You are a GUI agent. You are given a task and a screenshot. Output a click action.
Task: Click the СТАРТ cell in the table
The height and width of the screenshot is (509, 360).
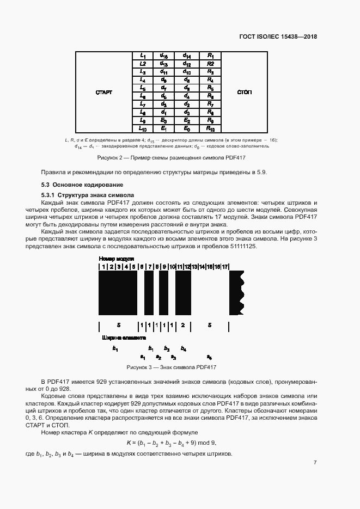click(103, 92)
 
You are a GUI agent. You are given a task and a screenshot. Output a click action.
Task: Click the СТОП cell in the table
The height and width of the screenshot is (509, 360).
click(245, 92)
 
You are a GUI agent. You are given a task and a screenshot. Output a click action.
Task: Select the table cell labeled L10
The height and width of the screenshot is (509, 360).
click(143, 129)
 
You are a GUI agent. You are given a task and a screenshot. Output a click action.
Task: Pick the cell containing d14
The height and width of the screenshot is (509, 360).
click(187, 56)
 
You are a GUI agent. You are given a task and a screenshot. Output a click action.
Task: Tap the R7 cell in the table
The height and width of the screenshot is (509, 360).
click(210, 103)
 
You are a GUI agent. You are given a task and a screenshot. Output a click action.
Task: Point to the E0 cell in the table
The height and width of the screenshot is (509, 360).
click(187, 129)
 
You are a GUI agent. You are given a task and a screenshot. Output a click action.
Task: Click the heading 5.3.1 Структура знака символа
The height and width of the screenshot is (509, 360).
click(84, 195)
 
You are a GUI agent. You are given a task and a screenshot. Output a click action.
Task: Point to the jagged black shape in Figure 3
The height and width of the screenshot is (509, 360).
click(236, 293)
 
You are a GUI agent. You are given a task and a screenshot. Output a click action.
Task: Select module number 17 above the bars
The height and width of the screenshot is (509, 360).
click(225, 267)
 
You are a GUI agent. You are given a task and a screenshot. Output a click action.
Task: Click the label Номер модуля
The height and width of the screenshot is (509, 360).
click(116, 259)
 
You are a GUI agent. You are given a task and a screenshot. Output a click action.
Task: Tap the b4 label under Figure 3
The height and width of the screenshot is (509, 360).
click(184, 348)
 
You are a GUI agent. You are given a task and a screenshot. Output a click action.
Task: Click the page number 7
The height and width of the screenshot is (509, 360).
click(315, 463)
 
